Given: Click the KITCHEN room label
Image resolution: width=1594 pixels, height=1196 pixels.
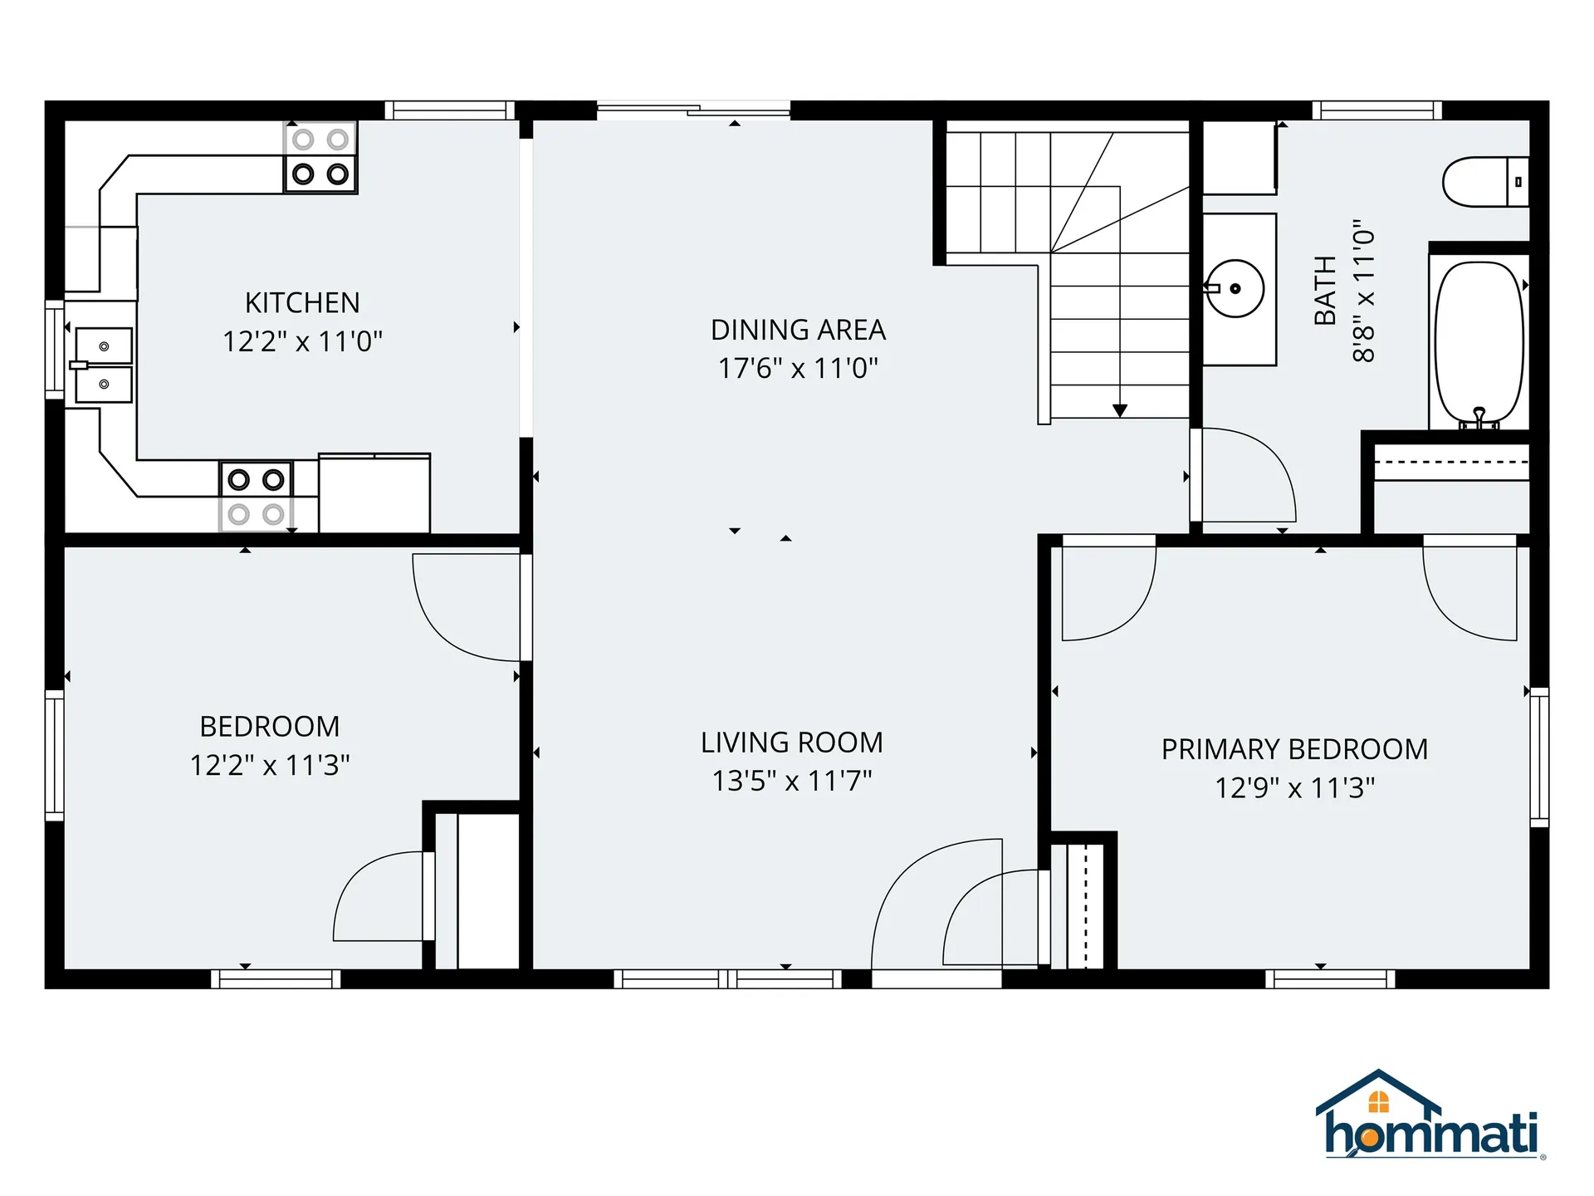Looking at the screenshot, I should (x=302, y=303).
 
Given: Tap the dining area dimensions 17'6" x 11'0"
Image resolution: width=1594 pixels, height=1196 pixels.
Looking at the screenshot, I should (x=798, y=368).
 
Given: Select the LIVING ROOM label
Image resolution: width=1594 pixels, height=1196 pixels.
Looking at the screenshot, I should (x=791, y=743).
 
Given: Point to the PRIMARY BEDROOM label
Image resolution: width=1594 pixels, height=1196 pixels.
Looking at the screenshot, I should (x=1294, y=749).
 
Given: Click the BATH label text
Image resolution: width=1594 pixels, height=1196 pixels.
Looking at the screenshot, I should (x=1325, y=291).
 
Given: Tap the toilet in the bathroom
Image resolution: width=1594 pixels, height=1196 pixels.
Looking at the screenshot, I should (x=1484, y=182).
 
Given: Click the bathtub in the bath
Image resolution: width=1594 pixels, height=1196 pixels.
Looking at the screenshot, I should (x=1479, y=342).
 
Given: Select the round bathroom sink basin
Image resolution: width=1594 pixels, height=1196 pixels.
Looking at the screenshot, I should (x=1235, y=289).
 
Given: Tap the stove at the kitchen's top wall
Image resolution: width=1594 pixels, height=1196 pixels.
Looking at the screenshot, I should (x=320, y=157).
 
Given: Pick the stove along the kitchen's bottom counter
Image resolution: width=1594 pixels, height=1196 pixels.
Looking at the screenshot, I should (x=256, y=497).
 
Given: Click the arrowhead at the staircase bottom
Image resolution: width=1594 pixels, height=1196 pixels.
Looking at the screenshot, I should (x=1120, y=410).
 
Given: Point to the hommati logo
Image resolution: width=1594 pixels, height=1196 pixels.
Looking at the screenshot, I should (x=1430, y=1117).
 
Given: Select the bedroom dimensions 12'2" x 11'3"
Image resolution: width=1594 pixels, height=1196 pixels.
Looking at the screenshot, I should (x=270, y=765).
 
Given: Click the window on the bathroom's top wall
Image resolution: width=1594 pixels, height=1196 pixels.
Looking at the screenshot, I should (x=1376, y=110).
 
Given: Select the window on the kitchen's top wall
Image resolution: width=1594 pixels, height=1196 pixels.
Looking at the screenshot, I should (x=449, y=110).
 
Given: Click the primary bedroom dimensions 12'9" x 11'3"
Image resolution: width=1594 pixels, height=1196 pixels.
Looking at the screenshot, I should (x=1294, y=787).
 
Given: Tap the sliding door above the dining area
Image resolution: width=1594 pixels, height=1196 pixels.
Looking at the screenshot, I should (x=693, y=110).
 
